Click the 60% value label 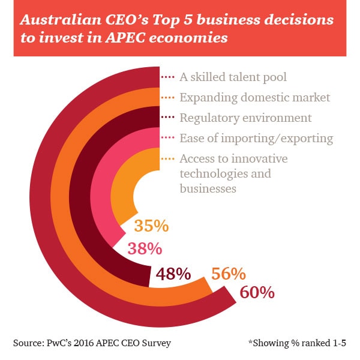point(257,292)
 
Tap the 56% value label point(229,274)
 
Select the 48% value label point(173,274)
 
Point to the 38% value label point(145,248)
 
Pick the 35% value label point(152,226)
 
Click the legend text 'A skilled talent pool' point(233,77)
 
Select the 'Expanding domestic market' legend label point(255,98)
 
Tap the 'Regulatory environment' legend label point(245,118)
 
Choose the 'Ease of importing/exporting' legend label point(256,139)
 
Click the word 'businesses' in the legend point(208,189)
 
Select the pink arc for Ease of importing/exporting point(99,184)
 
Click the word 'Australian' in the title point(61,20)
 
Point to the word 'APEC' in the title point(125,37)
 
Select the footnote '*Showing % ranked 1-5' point(297,343)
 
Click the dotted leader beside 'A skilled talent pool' point(168,77)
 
